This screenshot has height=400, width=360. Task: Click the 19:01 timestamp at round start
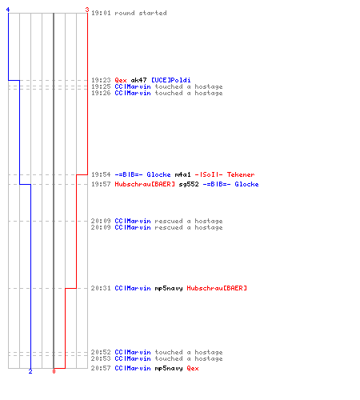[101, 13]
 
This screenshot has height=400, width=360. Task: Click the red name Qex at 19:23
[121, 80]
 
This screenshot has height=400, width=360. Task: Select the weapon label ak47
[138, 80]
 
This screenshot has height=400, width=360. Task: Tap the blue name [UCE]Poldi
[171, 80]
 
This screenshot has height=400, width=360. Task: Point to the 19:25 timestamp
[101, 86]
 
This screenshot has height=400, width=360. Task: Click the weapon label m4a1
[182, 174]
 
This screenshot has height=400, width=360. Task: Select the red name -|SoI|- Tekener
[225, 174]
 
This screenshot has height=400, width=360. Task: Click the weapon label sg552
[189, 184]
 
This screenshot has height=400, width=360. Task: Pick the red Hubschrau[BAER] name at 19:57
[145, 184]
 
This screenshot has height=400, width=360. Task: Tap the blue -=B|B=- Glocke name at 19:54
[142, 174]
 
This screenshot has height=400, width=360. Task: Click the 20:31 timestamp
[101, 288]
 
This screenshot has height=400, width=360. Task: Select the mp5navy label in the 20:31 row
[169, 288]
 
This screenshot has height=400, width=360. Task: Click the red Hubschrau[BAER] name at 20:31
[217, 288]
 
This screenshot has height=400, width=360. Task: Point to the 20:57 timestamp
[101, 368]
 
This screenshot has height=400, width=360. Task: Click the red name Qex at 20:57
[193, 368]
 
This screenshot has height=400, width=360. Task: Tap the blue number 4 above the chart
[8, 10]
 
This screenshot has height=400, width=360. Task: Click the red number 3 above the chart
[87, 10]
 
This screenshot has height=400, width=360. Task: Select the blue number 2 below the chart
[30, 371]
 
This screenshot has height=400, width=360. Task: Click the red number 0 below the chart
[54, 371]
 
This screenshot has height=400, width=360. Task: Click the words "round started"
[141, 13]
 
